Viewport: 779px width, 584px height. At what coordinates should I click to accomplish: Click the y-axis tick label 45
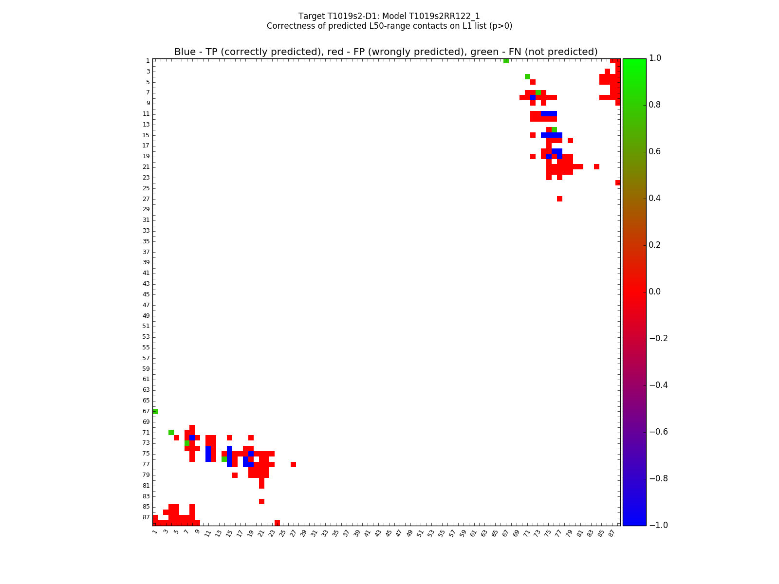click(x=146, y=294)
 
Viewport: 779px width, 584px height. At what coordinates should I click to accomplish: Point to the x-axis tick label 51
click(x=420, y=533)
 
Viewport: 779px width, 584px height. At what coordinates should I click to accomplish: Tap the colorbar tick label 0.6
click(x=658, y=151)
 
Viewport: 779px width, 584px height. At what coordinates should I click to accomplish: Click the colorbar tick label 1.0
click(x=658, y=58)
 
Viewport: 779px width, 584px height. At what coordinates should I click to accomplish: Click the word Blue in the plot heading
click(x=185, y=52)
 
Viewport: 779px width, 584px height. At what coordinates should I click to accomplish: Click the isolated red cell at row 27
click(x=559, y=199)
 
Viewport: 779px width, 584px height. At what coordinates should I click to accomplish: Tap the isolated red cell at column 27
click(x=293, y=464)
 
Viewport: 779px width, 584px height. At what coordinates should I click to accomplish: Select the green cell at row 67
click(x=155, y=411)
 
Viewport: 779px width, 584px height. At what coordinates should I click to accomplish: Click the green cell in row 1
click(x=506, y=61)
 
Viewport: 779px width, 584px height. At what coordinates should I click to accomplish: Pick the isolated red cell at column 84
click(x=596, y=167)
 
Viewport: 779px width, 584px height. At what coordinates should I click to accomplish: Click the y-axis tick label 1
click(x=148, y=61)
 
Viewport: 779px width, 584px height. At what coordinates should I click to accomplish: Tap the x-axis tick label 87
click(x=612, y=533)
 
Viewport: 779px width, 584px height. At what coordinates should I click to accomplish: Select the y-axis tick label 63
click(x=146, y=390)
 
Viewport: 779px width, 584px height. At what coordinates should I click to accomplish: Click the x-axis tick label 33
click(x=324, y=533)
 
